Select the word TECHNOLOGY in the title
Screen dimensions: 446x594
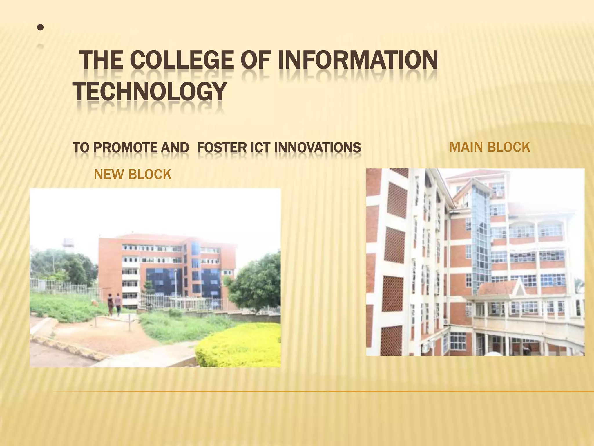(x=149, y=91)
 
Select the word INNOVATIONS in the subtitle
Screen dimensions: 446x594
(x=317, y=148)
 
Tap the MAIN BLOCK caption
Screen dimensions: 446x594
(x=489, y=147)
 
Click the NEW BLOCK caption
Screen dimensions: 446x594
(x=133, y=175)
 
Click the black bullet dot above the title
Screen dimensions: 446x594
(x=41, y=28)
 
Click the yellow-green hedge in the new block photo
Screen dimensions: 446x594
(x=241, y=346)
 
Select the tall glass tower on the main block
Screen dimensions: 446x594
(x=481, y=232)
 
